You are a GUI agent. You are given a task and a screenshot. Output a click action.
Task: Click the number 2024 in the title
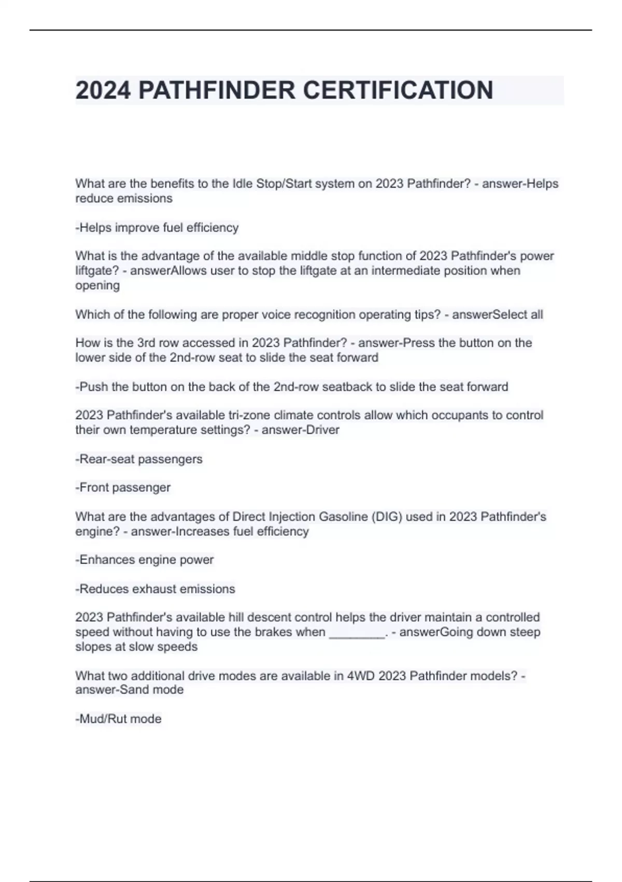point(103,90)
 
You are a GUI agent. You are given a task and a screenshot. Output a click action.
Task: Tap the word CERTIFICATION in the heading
point(398,90)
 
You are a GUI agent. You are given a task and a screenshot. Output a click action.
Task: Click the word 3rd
point(149,343)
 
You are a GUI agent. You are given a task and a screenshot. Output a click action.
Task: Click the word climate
point(295,416)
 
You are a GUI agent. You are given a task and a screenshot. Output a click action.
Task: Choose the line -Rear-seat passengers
point(139,459)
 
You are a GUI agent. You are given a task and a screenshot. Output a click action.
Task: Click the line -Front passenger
point(123,488)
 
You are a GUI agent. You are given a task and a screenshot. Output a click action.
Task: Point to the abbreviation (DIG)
point(387,517)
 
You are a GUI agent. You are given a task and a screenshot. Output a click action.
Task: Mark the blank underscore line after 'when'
point(357,633)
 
